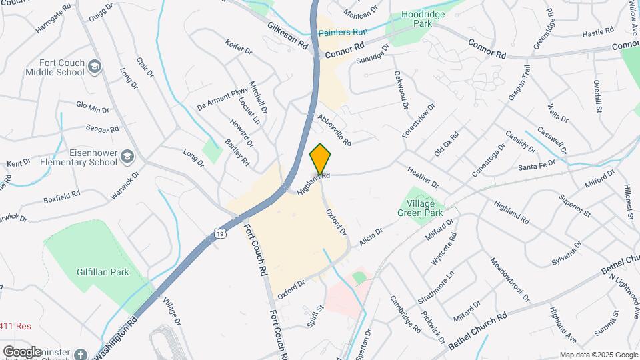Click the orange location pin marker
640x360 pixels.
(x=321, y=159)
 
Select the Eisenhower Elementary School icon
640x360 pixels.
(x=127, y=156)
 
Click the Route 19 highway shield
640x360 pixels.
(x=220, y=232)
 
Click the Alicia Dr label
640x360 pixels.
(x=371, y=237)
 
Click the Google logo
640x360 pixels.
(x=22, y=351)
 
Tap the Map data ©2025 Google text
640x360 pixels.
(x=598, y=355)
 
